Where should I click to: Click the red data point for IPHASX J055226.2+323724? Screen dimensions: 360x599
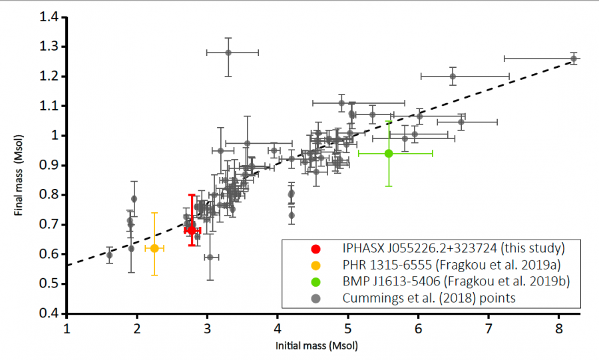[x=192, y=230]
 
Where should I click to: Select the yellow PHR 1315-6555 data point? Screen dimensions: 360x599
[x=154, y=248]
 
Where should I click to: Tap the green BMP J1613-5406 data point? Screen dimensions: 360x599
[x=389, y=153]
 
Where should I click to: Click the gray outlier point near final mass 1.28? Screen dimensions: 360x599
[x=228, y=53]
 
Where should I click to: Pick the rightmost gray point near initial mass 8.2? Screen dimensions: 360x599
[x=573, y=59]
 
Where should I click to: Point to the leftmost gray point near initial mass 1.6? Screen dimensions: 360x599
[x=109, y=255]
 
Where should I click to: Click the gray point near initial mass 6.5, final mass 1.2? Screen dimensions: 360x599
[x=453, y=77]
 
